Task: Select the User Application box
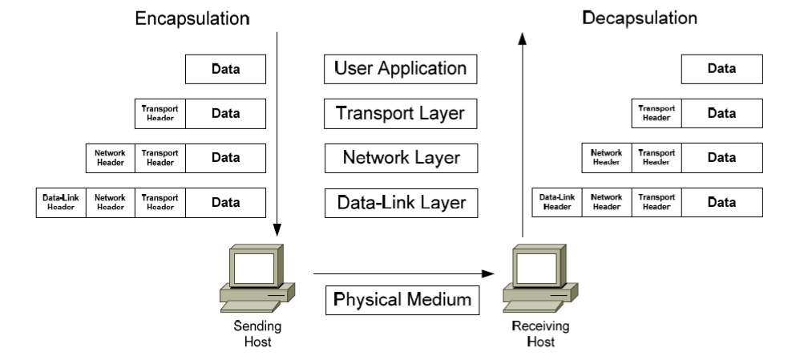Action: click(401, 70)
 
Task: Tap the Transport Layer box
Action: click(401, 114)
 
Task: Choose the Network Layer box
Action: click(401, 157)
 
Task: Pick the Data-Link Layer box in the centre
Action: click(401, 202)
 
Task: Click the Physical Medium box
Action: click(401, 300)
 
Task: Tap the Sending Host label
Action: click(257, 333)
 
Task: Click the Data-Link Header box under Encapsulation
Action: click(60, 202)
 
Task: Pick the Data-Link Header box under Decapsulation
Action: click(556, 201)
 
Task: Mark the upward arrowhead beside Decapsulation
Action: click(523, 36)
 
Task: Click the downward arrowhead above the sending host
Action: click(276, 225)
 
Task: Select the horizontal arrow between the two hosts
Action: click(401, 273)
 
